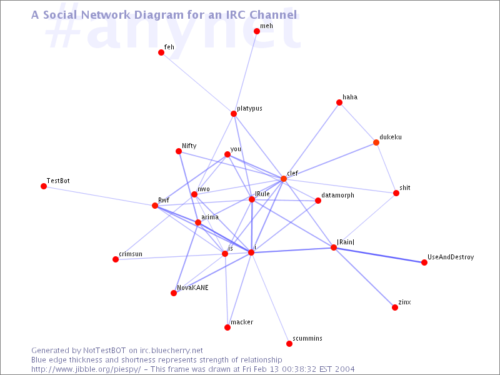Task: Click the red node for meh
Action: (x=257, y=31)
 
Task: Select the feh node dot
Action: (x=161, y=52)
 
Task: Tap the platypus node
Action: (x=234, y=114)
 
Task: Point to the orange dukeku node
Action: (x=376, y=142)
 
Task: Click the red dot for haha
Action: (x=339, y=102)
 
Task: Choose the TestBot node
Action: (x=44, y=186)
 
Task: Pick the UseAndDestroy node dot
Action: (x=424, y=262)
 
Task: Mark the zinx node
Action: (x=395, y=307)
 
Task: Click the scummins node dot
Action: (x=289, y=344)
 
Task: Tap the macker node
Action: (x=227, y=327)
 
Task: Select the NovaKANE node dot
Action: (x=174, y=293)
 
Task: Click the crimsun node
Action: (x=116, y=259)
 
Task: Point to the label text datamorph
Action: (x=337, y=195)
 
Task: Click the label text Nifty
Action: (x=189, y=146)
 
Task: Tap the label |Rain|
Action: (x=346, y=242)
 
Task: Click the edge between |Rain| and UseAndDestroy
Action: (x=379, y=255)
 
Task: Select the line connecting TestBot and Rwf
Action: (x=99, y=196)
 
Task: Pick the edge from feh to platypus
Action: (x=197, y=83)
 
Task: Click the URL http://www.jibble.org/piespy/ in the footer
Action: (x=86, y=369)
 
